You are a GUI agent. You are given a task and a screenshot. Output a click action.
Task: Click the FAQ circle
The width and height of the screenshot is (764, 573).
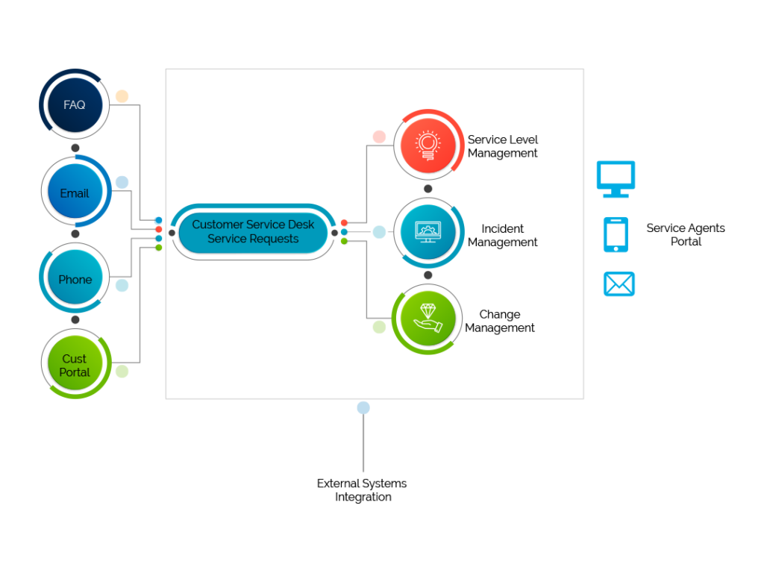click(74, 104)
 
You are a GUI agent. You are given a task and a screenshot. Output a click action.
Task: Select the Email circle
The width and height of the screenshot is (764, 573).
click(75, 192)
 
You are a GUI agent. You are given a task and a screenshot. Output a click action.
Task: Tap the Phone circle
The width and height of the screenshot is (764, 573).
click(75, 279)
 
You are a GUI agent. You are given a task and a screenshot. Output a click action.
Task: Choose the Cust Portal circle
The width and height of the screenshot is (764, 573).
click(75, 365)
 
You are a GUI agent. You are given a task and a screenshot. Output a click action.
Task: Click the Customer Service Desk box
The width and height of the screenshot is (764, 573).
click(253, 231)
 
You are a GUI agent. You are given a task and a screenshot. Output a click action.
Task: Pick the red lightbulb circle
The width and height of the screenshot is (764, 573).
click(428, 145)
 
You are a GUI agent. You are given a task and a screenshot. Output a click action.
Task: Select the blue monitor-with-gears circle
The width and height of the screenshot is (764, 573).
click(428, 232)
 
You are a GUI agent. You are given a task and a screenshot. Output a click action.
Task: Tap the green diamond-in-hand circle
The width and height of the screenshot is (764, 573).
click(428, 319)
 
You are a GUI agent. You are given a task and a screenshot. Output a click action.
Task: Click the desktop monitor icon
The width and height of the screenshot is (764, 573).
click(616, 178)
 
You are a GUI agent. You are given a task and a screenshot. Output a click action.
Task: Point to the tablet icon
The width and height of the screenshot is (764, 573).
click(616, 234)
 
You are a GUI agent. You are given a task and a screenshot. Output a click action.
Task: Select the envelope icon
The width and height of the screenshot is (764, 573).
click(619, 284)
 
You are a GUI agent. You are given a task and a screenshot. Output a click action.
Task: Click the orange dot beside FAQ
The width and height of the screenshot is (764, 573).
click(122, 96)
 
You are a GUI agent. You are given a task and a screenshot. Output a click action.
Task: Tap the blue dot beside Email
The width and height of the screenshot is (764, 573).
click(122, 182)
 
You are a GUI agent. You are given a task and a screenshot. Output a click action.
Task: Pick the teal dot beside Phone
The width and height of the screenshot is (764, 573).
click(122, 285)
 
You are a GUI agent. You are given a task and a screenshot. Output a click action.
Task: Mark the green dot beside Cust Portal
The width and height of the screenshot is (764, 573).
click(122, 372)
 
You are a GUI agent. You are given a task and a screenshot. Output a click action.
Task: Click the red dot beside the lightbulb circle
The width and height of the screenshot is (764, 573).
click(379, 137)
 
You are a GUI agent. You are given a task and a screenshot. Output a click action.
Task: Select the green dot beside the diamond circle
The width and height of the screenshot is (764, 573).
click(379, 327)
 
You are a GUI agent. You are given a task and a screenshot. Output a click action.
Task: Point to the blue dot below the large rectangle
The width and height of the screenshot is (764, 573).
click(363, 407)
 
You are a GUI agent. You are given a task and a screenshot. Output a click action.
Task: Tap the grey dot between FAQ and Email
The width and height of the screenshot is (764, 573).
click(75, 148)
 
